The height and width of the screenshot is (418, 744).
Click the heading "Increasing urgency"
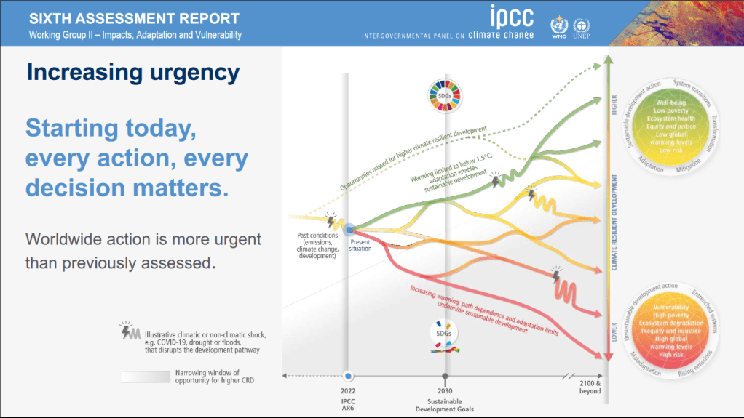click(132, 72)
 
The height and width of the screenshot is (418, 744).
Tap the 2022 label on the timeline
click(348, 391)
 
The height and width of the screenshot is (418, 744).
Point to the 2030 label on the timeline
click(444, 391)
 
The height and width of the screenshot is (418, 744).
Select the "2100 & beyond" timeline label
click(590, 387)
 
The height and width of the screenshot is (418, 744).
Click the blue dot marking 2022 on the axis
click(348, 376)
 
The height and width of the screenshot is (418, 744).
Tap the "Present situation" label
click(360, 245)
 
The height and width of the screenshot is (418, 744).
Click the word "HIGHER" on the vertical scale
click(614, 105)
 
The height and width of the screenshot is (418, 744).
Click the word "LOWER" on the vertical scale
click(614, 331)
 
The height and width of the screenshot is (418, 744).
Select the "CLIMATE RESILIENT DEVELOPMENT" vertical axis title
click(614, 222)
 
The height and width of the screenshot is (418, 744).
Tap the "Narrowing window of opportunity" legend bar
click(146, 377)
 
